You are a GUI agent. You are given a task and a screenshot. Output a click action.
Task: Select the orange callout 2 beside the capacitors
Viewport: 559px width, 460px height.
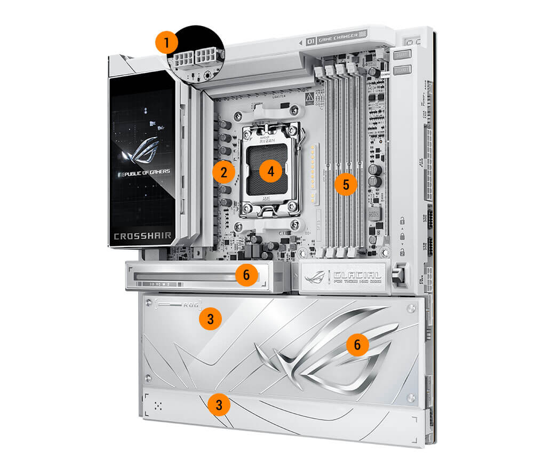tap(223, 172)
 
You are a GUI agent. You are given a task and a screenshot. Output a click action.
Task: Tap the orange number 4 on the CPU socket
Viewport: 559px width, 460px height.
tap(270, 172)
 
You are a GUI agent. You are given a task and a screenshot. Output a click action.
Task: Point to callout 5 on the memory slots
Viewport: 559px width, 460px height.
tap(346, 185)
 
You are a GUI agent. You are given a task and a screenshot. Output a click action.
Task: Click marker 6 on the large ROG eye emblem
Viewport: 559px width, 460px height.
tap(357, 345)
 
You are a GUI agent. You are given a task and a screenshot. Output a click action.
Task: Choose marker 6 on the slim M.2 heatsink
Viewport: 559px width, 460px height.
tap(246, 275)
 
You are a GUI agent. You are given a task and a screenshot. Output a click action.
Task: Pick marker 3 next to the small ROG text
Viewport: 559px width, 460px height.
tap(211, 319)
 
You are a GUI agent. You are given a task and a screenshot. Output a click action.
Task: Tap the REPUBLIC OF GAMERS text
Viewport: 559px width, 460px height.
tap(143, 172)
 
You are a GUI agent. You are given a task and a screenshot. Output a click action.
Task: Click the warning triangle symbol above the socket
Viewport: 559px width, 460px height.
tap(309, 98)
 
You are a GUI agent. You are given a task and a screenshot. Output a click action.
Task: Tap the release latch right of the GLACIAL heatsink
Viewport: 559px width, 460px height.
tap(397, 275)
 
